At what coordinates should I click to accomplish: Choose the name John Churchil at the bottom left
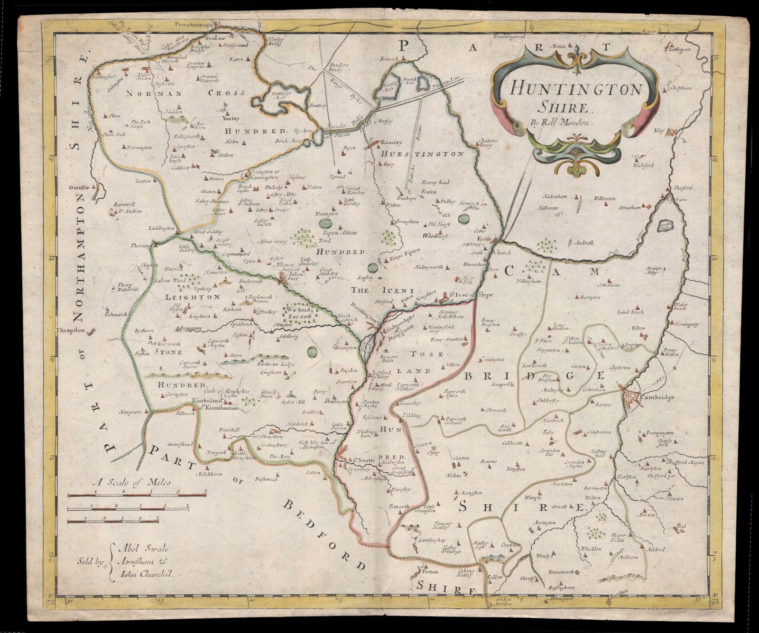(x=145, y=573)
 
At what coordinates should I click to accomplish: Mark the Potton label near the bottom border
(x=430, y=572)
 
